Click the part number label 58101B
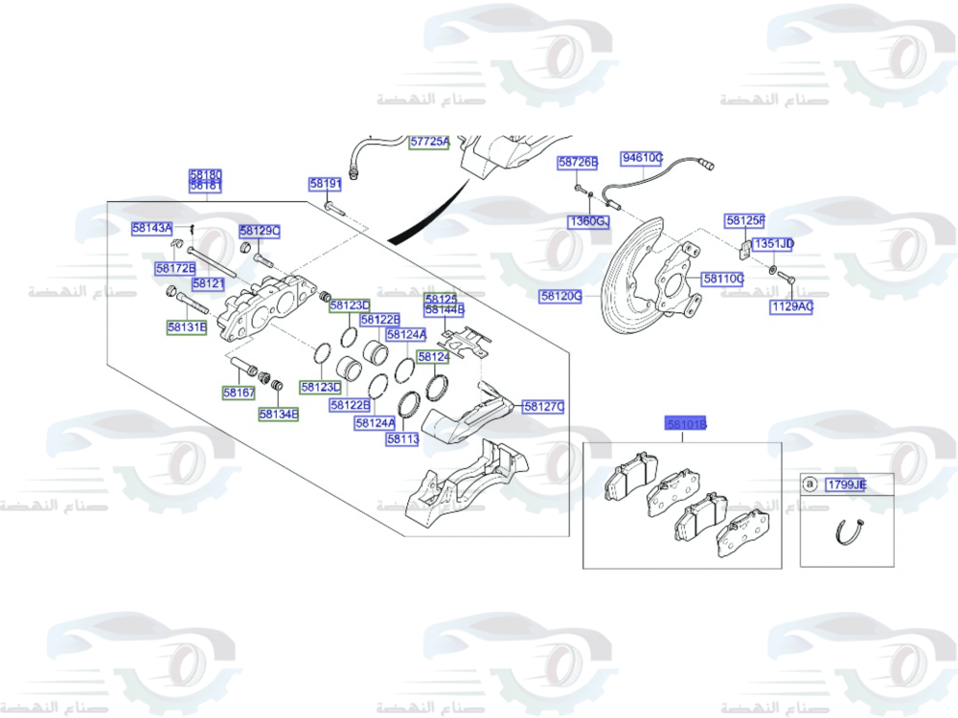pos(687,423)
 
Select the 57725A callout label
pos(429,142)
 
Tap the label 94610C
pos(642,158)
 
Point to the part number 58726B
pos(578,163)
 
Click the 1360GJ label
pos(588,222)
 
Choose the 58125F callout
pos(745,221)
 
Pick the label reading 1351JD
pos(773,244)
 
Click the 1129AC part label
pos(791,307)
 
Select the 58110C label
pos(722,279)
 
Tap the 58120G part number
pos(560,297)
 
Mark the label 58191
pos(325,184)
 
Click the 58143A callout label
pos(152,228)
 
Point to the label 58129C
pos(260,232)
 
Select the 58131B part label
pos(187,326)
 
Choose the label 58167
pos(239,392)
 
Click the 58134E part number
pos(279,415)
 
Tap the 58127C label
pos(543,407)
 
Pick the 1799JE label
pos(847,485)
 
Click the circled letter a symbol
pos(810,485)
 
